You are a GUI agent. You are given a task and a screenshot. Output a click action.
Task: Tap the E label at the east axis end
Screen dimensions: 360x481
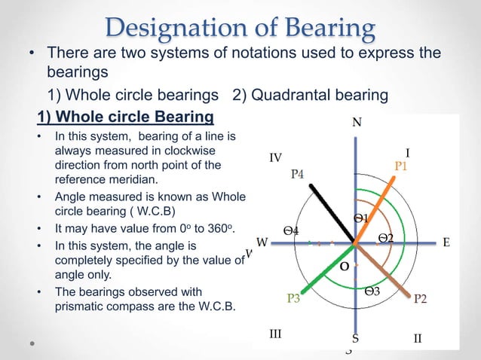(446, 243)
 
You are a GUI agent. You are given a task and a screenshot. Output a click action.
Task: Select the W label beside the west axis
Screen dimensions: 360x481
(262, 243)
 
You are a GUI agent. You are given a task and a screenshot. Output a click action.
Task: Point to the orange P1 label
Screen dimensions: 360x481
(401, 166)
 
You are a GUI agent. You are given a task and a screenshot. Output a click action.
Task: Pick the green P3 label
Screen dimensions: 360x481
(294, 299)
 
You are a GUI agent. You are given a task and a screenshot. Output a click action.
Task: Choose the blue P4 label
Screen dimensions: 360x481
(298, 174)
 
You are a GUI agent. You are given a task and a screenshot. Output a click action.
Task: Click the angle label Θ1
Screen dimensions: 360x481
(360, 218)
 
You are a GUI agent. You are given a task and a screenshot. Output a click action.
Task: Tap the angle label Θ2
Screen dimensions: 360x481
(386, 238)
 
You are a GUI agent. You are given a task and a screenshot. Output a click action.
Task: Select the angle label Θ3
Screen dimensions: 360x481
(372, 291)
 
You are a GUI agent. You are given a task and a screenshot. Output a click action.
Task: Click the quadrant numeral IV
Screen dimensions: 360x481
(275, 157)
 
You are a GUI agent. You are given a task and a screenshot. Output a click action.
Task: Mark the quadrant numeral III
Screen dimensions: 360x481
(275, 333)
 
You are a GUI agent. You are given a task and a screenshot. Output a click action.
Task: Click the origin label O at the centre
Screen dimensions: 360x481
(344, 267)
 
